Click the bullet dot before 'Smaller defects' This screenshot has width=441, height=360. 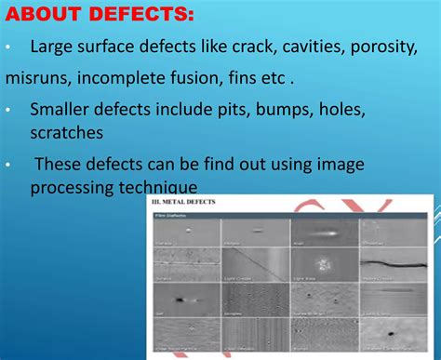coord(7,111)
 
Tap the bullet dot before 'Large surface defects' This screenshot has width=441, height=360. coord(7,47)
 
